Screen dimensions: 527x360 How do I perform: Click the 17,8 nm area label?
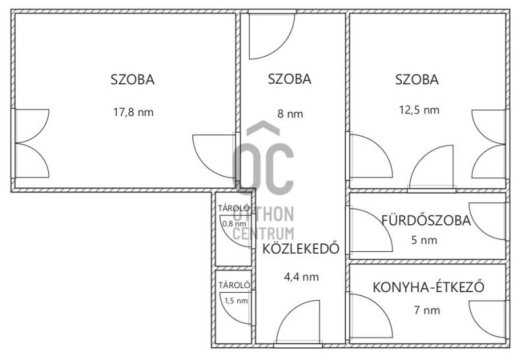[134, 112]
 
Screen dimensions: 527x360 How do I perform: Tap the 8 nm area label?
[290, 113]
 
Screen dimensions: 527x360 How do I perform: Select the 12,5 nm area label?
[419, 110]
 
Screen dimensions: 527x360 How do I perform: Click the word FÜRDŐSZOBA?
[426, 220]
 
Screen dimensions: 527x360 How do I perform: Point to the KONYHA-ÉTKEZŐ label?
[429, 287]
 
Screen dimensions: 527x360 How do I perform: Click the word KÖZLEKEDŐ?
[301, 249]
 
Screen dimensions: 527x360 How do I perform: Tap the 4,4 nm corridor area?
[302, 277]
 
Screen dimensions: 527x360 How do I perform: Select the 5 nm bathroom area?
[424, 240]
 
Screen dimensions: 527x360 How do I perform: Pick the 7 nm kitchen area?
[427, 310]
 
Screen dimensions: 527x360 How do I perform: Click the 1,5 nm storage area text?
[236, 301]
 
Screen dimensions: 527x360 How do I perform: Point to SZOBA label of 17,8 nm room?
[132, 80]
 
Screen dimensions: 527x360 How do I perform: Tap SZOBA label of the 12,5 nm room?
[417, 80]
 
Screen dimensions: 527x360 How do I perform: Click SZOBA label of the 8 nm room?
[289, 79]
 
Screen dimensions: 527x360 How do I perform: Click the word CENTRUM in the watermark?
[263, 233]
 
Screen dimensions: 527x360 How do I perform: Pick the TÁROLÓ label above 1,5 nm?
[235, 285]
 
